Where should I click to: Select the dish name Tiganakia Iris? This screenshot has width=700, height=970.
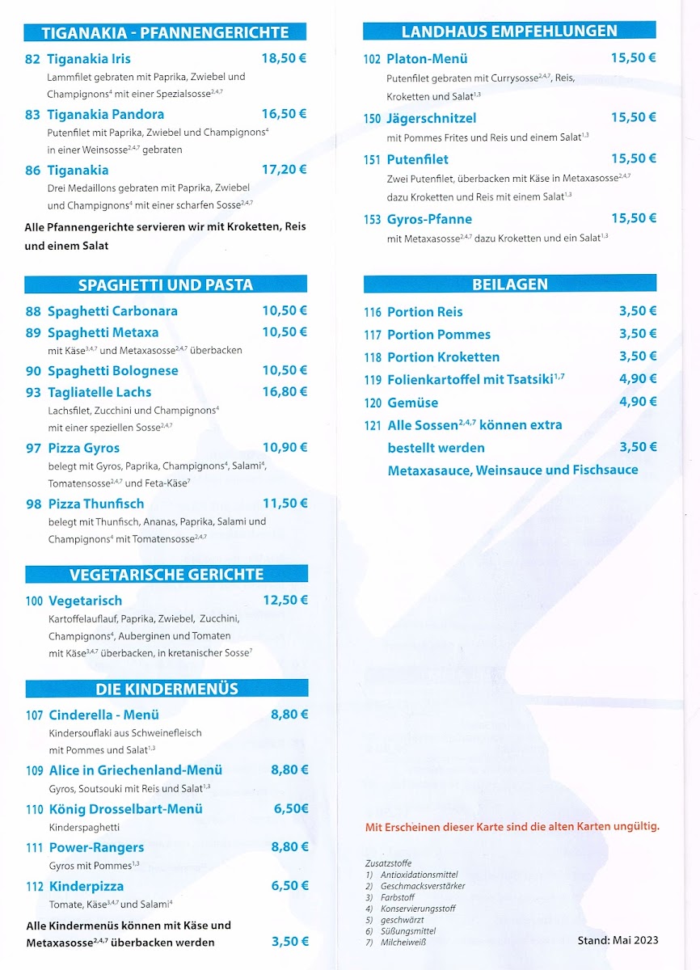coord(89,59)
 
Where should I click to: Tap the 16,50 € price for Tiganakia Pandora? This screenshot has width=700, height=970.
coord(284,114)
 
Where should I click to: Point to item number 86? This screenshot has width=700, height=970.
coord(32,171)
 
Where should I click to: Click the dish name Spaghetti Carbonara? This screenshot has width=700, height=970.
coord(112,311)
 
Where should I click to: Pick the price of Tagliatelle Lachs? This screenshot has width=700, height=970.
coord(285,392)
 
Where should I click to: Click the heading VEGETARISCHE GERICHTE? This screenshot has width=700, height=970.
coord(167,575)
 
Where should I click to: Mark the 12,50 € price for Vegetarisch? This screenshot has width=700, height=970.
coord(285,600)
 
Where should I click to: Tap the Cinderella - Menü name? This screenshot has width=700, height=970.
coord(103,715)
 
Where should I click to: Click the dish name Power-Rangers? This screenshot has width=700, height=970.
coord(96,847)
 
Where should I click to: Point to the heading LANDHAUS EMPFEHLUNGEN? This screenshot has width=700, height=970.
coord(509,32)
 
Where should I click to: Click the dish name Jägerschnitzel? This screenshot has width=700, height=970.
coord(432,118)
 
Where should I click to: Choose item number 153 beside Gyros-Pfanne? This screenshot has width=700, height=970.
coord(372,220)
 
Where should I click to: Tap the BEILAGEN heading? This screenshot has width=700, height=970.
coord(510,285)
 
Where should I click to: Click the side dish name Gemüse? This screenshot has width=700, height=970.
coord(412,403)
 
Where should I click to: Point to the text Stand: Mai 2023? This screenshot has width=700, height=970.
coord(618,939)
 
